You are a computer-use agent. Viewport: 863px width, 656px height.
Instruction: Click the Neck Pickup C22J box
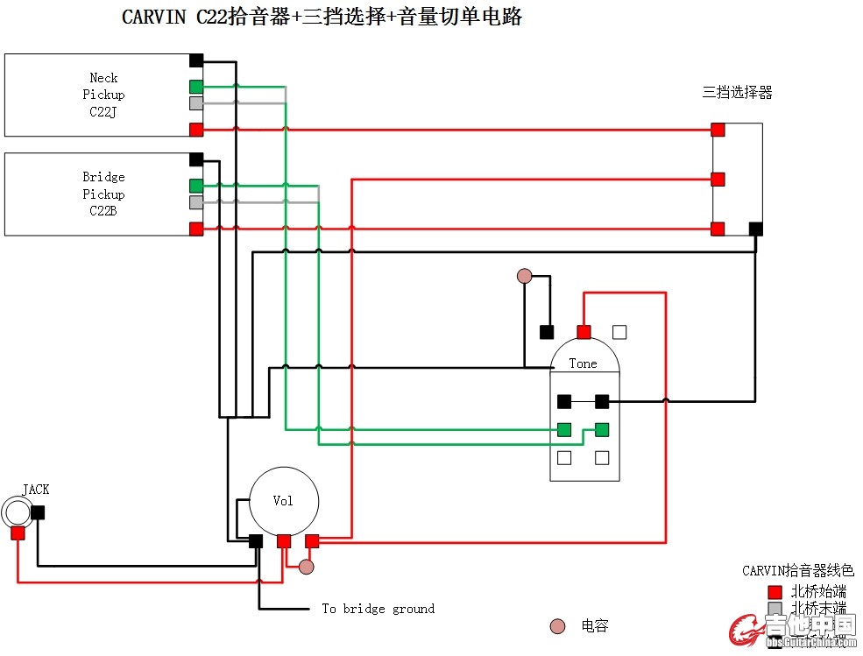(x=96, y=95)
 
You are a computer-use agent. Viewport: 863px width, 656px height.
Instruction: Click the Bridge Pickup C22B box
(x=96, y=194)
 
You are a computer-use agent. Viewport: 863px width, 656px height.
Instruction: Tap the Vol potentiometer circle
(x=283, y=501)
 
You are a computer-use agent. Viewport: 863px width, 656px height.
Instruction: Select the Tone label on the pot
(x=583, y=363)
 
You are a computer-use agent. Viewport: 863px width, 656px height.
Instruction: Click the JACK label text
(x=36, y=490)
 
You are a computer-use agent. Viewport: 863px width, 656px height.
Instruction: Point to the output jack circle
(x=17, y=511)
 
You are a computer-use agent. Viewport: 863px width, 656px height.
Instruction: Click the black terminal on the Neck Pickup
(x=196, y=60)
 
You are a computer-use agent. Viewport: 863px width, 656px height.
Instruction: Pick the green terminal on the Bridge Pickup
(x=196, y=186)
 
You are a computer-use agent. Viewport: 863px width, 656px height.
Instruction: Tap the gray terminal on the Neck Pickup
(x=196, y=103)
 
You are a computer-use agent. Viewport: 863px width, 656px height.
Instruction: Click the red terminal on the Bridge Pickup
(x=196, y=229)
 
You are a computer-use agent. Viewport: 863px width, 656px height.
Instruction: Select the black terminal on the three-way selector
(x=755, y=229)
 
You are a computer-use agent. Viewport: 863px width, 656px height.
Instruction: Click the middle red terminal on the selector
(x=718, y=180)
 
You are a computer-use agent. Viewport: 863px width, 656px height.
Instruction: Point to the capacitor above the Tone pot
(x=524, y=276)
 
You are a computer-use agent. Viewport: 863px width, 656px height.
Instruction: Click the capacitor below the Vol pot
(x=306, y=567)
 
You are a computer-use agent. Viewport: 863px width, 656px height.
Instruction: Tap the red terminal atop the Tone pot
(x=584, y=332)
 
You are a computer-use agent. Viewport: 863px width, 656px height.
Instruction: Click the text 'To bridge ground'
(x=378, y=609)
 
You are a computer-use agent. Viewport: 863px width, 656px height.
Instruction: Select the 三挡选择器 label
(x=737, y=93)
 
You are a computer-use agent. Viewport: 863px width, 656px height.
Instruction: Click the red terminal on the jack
(x=18, y=533)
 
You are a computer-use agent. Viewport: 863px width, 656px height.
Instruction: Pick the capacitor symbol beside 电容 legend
(x=557, y=626)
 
